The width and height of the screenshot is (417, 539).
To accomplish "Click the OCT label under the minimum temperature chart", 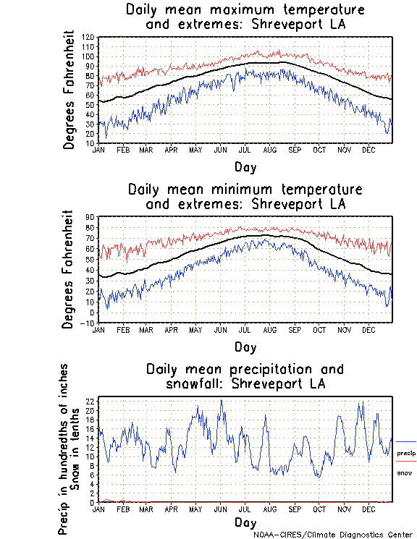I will [x=319, y=330].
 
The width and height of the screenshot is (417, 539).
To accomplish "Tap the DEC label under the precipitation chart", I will [x=368, y=509].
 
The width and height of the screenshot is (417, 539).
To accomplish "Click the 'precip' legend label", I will [x=406, y=453].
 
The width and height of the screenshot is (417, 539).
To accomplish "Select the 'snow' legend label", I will [x=405, y=472].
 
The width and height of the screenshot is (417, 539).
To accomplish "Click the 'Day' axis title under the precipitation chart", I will [x=245, y=522].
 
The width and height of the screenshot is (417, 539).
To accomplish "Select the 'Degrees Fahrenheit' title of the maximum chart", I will [x=69, y=90].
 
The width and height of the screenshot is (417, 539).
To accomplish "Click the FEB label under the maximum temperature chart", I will [x=123, y=150].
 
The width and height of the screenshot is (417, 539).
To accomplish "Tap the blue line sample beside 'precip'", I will [x=406, y=441].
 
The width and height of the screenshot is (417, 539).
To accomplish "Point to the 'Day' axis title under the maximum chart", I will [x=245, y=166].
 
